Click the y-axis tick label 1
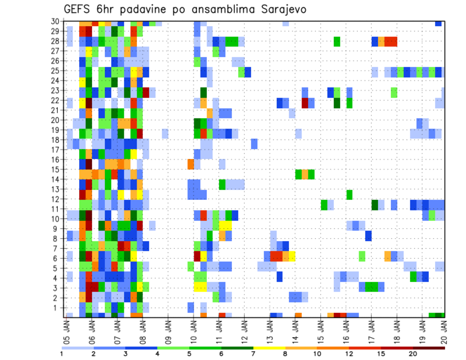tap(57, 308)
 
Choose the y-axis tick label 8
tap(57, 239)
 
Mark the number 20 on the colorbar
tap(413, 353)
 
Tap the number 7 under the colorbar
tap(253, 353)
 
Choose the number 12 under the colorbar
tap(349, 353)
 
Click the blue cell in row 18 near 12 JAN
tap(254, 144)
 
